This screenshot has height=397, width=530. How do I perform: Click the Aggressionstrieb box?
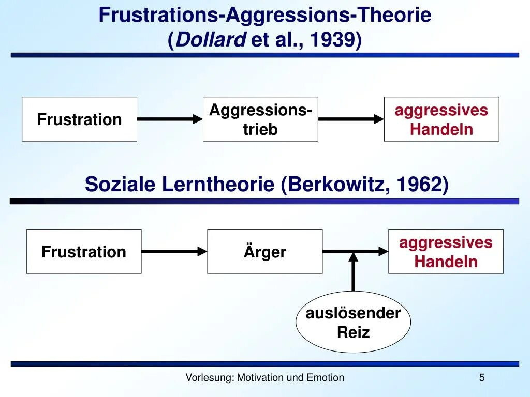[x=260, y=119]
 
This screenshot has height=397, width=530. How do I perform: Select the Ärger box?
[x=264, y=252]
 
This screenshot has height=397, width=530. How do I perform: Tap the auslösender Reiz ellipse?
[x=353, y=322]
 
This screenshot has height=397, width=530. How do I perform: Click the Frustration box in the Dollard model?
[x=79, y=119]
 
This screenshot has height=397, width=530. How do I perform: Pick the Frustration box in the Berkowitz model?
[x=84, y=252]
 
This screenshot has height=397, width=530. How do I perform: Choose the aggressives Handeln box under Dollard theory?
[x=441, y=119]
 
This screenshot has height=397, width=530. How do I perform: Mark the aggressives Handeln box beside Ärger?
[x=446, y=252]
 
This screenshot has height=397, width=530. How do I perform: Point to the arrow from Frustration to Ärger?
[x=174, y=252]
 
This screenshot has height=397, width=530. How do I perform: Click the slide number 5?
[x=482, y=378]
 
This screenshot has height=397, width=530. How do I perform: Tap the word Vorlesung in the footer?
[x=209, y=378]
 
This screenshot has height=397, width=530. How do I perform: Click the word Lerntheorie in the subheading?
[x=218, y=184]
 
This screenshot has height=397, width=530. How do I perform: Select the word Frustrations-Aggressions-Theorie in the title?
[x=265, y=16]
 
